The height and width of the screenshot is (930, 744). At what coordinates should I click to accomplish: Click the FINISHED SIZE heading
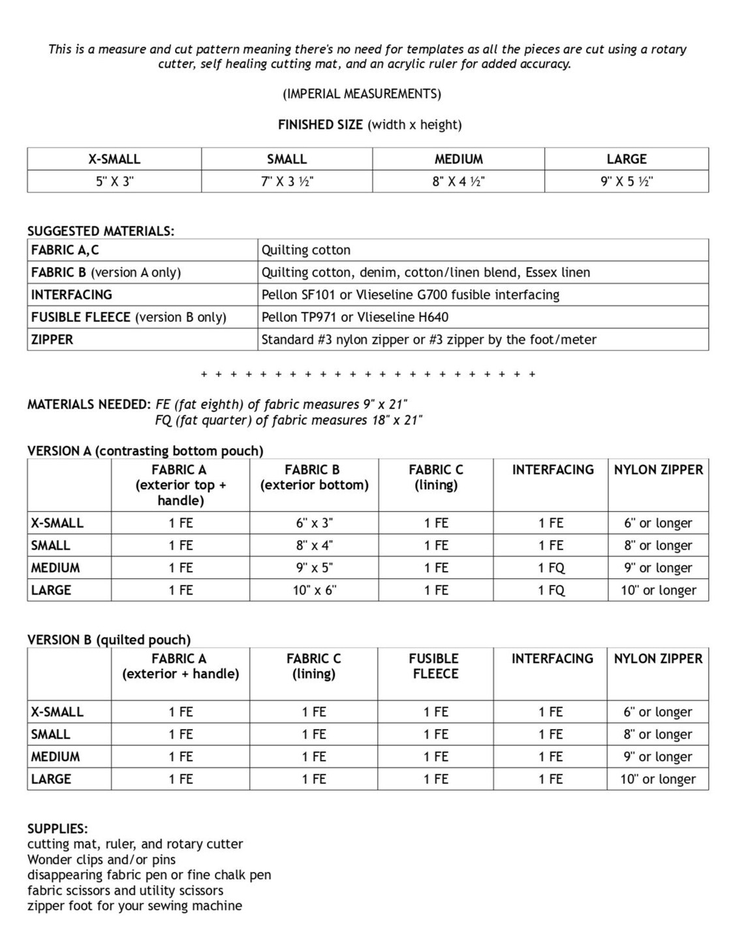[x=369, y=125]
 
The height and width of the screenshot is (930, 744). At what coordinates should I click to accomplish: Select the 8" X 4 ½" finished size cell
[x=458, y=181]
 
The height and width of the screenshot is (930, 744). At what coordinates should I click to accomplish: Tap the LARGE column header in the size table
[x=626, y=159]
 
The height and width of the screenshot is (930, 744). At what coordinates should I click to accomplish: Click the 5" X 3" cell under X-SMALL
[x=114, y=181]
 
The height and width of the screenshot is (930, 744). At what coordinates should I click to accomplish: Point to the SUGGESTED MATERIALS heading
[x=101, y=231]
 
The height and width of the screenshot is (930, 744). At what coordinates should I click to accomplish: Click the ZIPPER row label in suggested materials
[x=52, y=339]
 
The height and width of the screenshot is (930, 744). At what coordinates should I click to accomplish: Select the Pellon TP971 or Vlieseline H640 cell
[x=355, y=317]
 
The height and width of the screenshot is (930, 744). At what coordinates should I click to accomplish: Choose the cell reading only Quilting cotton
[x=306, y=250]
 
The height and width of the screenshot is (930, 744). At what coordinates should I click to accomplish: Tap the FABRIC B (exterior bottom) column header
[x=314, y=477]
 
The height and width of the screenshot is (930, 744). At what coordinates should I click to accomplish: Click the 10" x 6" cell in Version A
[x=314, y=590]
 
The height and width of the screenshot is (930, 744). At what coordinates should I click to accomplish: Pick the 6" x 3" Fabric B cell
[x=314, y=523]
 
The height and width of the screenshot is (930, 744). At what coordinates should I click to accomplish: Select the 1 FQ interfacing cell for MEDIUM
[x=551, y=568]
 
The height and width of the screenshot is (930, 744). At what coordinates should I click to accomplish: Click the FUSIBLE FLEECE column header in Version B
[x=435, y=666]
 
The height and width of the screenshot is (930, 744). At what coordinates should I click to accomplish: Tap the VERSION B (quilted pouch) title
[x=109, y=640]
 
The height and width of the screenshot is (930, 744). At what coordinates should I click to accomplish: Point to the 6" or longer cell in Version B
[x=657, y=712]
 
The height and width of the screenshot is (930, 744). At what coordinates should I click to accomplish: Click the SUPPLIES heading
[x=57, y=829]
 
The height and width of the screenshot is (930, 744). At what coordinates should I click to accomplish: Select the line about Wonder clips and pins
[x=101, y=860]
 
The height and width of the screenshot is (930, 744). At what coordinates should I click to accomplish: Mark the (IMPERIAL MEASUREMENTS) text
[x=362, y=94]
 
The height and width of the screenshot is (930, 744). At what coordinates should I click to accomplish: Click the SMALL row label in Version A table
[x=51, y=546]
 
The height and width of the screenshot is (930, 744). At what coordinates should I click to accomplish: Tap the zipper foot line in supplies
[x=134, y=906]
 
